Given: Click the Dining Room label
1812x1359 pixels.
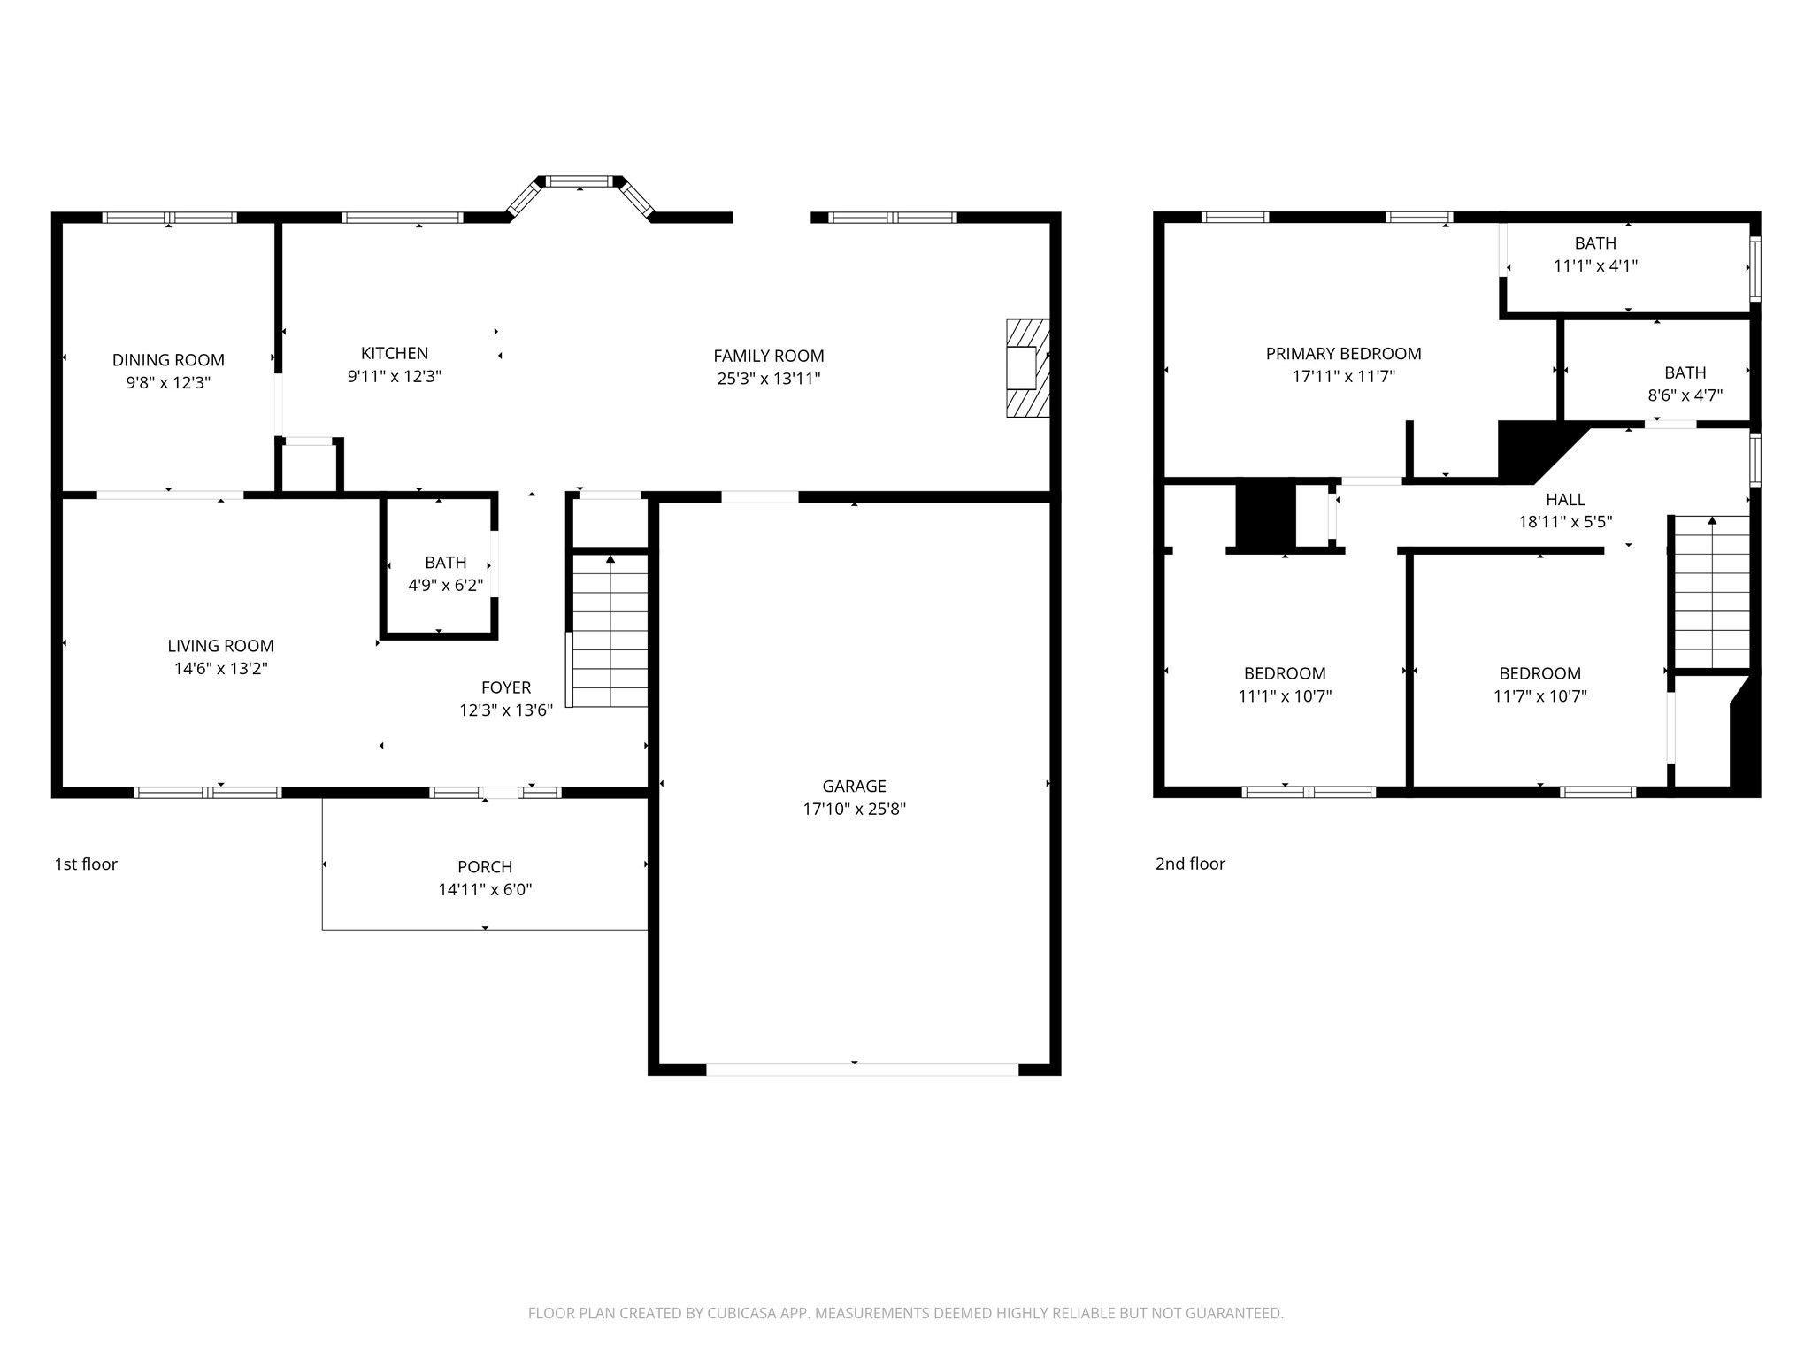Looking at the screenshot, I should coord(168,360).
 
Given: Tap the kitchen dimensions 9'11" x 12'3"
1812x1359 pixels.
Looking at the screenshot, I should coord(394,376).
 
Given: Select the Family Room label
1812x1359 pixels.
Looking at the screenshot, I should coord(768,356).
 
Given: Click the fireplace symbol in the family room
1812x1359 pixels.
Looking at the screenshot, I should coord(1027,368).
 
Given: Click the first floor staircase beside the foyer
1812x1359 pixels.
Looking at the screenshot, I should coord(610,630).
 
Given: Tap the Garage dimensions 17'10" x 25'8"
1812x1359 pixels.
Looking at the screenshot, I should coord(854,809).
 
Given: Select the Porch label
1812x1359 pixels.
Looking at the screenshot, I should coord(485,867).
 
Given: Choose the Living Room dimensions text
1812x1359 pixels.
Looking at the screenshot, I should coord(220,669).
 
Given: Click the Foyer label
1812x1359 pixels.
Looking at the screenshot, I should coord(506,687).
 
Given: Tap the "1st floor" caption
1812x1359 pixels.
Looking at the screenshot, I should coord(86,864).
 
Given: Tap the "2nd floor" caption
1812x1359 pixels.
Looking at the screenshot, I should coord(1190,864).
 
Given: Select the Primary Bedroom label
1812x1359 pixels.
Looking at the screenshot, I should coord(1343,354).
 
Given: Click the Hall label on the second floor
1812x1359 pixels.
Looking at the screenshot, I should coord(1565,500).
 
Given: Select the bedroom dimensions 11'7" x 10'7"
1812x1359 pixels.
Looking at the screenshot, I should coord(1539,696).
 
